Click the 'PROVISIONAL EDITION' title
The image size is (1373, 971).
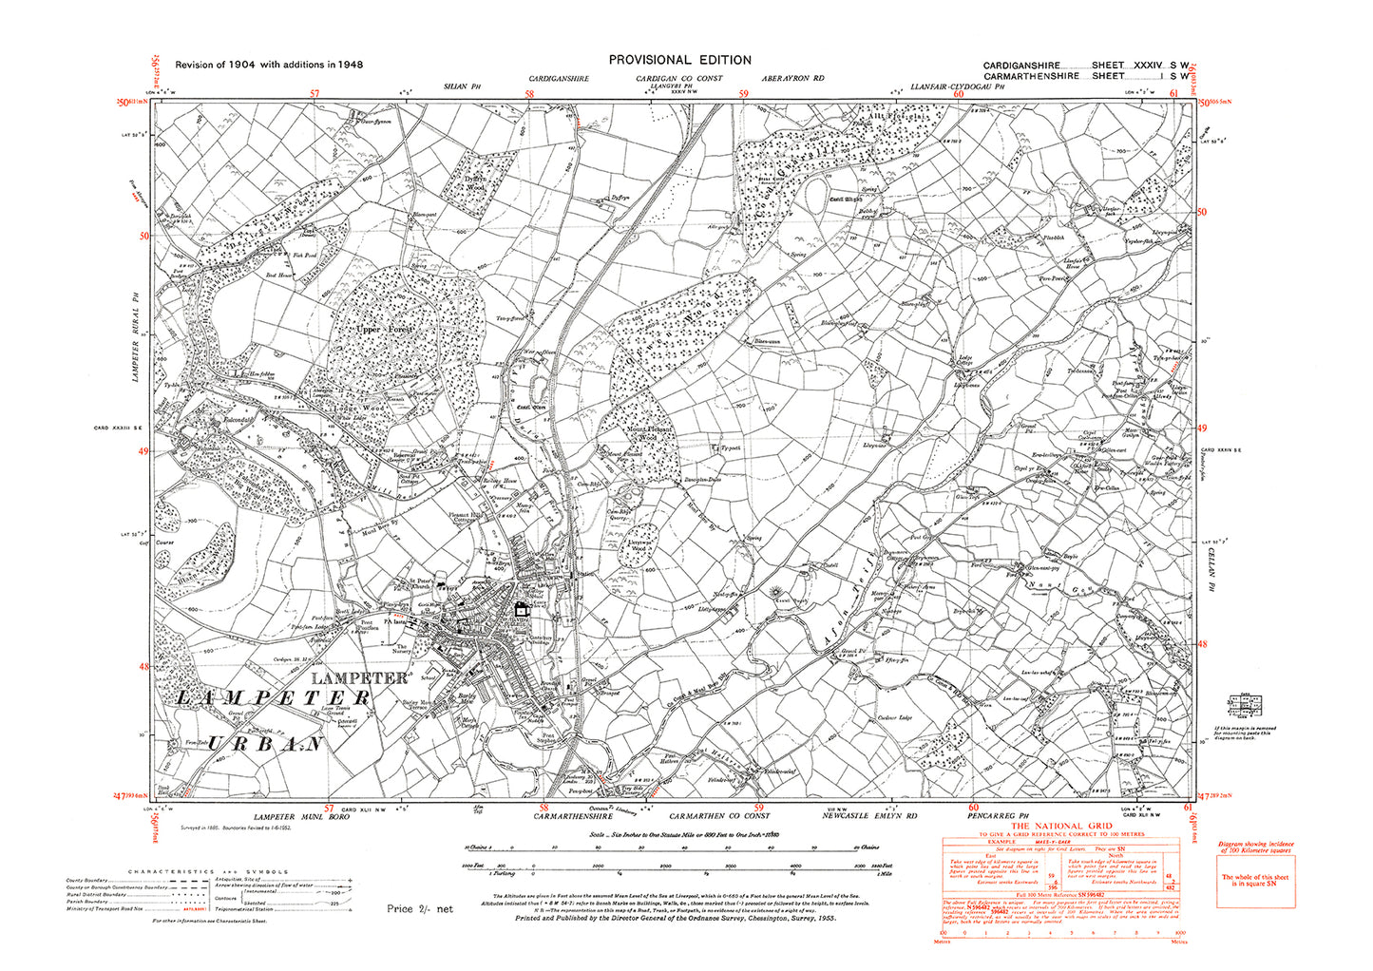(x=679, y=60)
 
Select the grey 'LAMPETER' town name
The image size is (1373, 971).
(x=360, y=678)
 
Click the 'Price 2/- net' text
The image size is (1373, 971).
(x=420, y=908)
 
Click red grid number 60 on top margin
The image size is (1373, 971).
(x=959, y=93)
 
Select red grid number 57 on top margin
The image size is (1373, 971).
(x=315, y=93)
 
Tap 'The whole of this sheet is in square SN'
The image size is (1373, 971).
(x=1254, y=880)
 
